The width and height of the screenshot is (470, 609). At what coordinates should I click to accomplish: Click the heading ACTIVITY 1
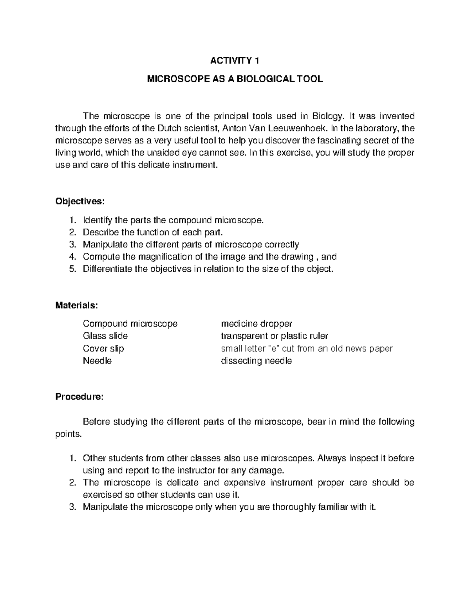click(x=235, y=61)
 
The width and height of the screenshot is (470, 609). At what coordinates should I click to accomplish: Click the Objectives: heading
click(x=80, y=202)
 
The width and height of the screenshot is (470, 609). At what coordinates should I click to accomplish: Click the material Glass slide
click(x=105, y=336)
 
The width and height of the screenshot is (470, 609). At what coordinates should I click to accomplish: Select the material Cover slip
click(x=103, y=349)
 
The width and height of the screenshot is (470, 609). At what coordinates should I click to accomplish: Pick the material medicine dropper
click(x=257, y=324)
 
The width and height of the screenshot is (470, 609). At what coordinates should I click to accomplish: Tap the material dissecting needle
click(x=256, y=361)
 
